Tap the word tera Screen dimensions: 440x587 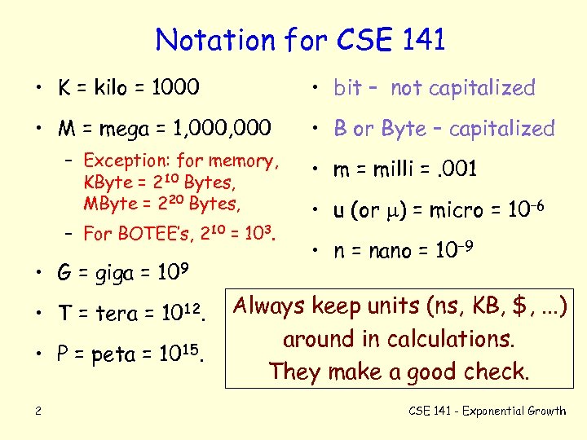(x=118, y=313)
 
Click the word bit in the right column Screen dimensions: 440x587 (x=347, y=88)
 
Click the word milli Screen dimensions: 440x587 (x=398, y=169)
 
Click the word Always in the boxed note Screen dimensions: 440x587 (x=271, y=307)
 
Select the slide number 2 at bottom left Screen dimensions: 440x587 (x=38, y=411)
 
